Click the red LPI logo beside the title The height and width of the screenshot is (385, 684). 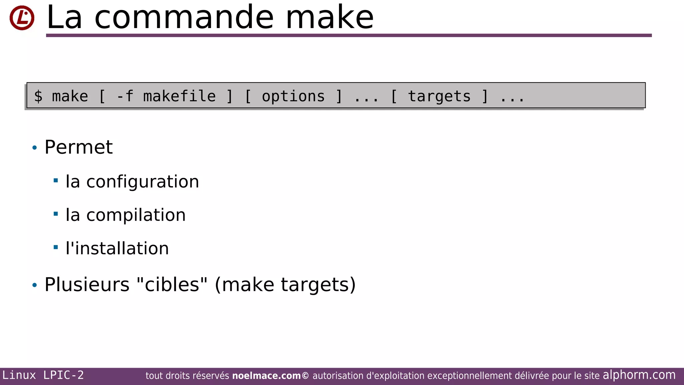pyautogui.click(x=22, y=18)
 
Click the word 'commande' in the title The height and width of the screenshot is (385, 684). pyautogui.click(x=184, y=17)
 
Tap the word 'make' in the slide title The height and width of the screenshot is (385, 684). pyautogui.click(x=330, y=17)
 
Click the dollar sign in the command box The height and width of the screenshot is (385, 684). pyautogui.click(x=38, y=97)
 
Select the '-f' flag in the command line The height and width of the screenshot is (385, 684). pyautogui.click(x=125, y=97)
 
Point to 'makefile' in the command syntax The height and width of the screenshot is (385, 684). pyautogui.click(x=179, y=97)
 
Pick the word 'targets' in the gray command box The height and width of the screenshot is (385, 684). pyautogui.click(x=439, y=97)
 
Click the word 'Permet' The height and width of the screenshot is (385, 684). pyautogui.click(x=78, y=147)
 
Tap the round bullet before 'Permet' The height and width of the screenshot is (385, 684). pyautogui.click(x=34, y=148)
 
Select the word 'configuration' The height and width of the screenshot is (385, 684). pyautogui.click(x=143, y=182)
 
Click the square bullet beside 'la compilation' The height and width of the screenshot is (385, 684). pyautogui.click(x=56, y=214)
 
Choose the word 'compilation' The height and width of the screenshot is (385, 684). pyautogui.click(x=136, y=215)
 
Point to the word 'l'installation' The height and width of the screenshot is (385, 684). pyautogui.click(x=117, y=248)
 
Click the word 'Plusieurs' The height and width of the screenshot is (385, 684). pyautogui.click(x=87, y=285)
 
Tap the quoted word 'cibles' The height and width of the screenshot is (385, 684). pyautogui.click(x=172, y=285)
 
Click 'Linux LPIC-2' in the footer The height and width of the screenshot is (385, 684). pyautogui.click(x=43, y=375)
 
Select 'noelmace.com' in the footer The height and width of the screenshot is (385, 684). pyautogui.click(x=266, y=376)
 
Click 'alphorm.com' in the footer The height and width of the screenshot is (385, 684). pyautogui.click(x=639, y=375)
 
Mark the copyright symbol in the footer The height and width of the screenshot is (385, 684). pyautogui.click(x=305, y=376)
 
